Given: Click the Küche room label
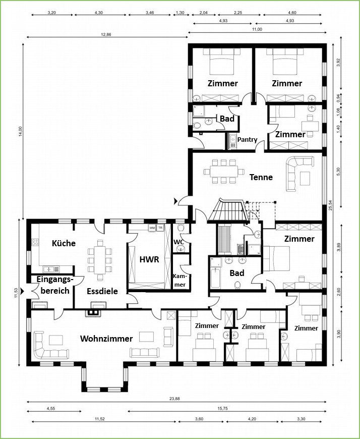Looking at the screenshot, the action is tap(64, 243).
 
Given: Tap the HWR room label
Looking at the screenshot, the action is tap(149, 259).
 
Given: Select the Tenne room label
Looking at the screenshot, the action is tap(261, 177).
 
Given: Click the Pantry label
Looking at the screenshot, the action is tap(247, 139).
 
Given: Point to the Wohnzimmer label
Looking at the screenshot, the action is tap(106, 339).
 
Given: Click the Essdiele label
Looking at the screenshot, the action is tap(102, 291).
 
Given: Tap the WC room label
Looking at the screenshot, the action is tap(178, 242).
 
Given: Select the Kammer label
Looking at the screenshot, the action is tap(179, 280).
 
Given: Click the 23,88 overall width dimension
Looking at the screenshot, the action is tap(174, 399).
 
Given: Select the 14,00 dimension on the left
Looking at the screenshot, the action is tap(20, 132).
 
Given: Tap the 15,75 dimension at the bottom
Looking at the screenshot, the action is tap(222, 409).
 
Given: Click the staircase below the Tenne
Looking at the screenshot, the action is tap(228, 210).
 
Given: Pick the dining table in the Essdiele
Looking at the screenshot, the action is tap(100, 260).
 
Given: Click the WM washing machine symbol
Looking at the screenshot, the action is tap(152, 228).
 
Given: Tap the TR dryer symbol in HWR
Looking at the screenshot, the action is tap(160, 228).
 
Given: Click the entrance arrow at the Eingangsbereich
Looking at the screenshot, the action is tap(22, 291).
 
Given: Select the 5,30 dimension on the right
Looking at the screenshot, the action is tap(339, 172).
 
